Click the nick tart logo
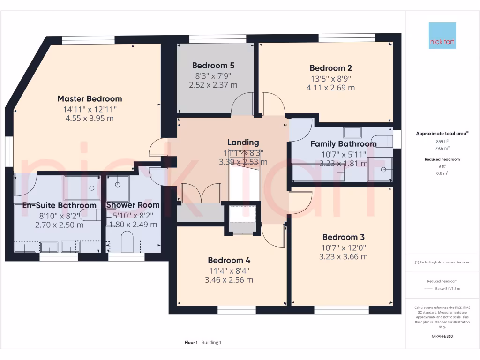click(442, 35)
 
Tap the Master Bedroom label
click(90, 99)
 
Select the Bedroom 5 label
click(213, 66)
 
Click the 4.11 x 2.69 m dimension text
click(330, 88)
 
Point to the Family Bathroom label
click(343, 144)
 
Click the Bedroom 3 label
click(344, 237)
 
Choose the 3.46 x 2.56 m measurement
click(229, 280)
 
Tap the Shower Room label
click(133, 205)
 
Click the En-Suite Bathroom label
click(60, 205)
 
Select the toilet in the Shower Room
click(127, 244)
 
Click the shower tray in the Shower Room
click(118, 188)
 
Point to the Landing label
click(243, 142)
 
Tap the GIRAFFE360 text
click(442, 336)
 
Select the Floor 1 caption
click(191, 343)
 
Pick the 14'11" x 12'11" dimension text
click(90, 109)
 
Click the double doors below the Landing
click(201, 194)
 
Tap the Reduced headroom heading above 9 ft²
click(442, 159)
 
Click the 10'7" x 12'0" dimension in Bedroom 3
click(344, 247)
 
